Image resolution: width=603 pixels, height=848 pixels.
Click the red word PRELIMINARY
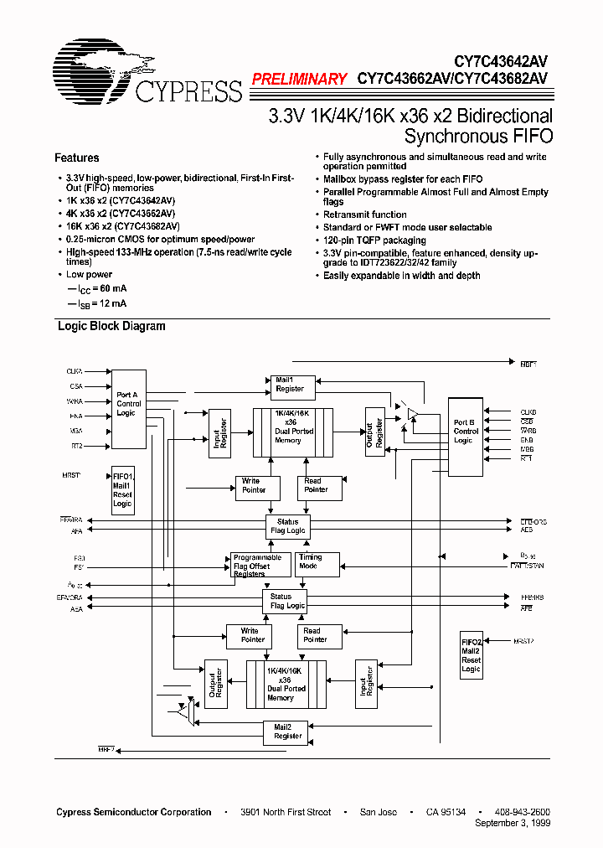coord(299,80)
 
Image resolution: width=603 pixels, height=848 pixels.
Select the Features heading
coord(77,158)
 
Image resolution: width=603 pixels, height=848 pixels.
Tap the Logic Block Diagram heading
coord(111,326)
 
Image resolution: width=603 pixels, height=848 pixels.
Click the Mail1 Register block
coord(290,385)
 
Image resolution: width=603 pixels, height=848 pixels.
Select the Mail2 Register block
coord(288,732)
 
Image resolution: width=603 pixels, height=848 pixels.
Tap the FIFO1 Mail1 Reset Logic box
coord(122,490)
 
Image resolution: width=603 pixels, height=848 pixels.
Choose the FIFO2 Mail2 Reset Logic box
coord(472,655)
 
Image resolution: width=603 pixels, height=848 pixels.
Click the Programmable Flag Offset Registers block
coord(260,566)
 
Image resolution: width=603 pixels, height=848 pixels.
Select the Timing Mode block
coord(317,564)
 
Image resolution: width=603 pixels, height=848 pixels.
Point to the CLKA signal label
coord(75,370)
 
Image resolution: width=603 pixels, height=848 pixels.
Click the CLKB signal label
coord(528,412)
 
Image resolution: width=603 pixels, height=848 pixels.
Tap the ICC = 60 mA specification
coord(96,289)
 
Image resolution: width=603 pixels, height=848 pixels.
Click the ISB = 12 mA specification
coord(96,303)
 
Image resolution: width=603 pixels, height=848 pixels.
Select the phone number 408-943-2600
coord(522,812)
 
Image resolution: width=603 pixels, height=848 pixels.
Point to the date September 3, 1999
coord(513,824)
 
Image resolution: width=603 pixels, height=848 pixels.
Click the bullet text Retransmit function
coord(365,215)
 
